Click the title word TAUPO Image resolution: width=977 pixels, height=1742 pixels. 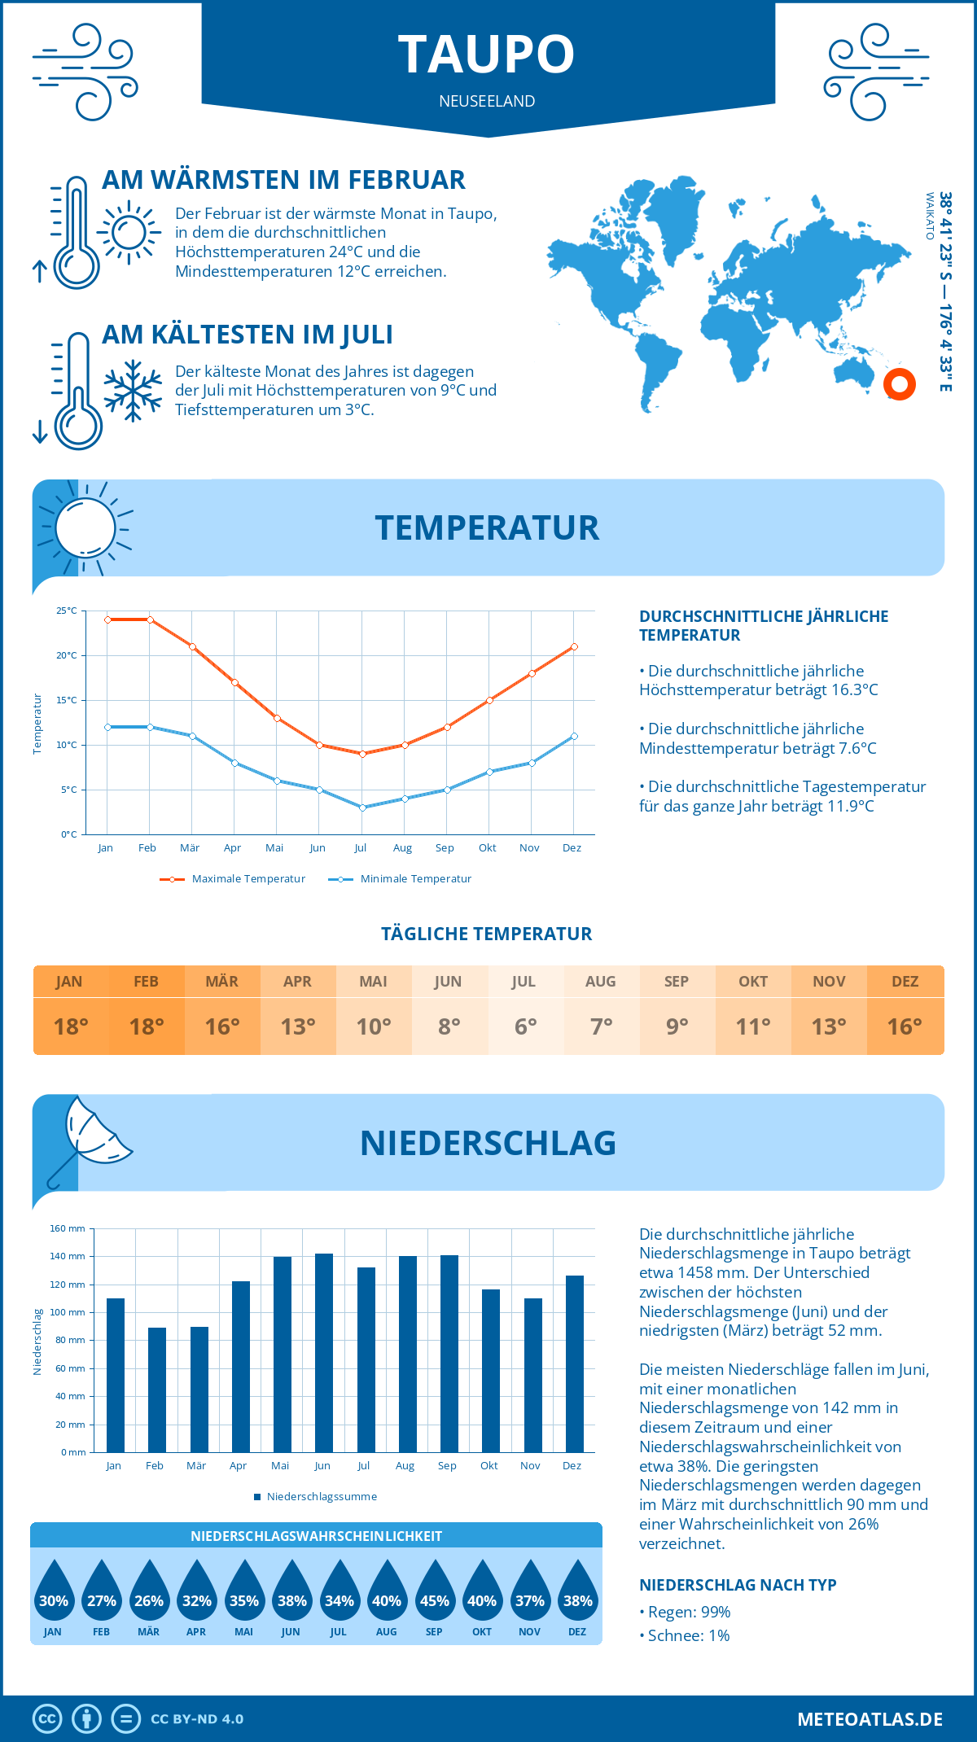(x=487, y=55)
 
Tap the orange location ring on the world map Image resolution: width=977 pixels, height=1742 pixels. (x=900, y=384)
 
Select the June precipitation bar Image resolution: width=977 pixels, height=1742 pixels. (x=323, y=1352)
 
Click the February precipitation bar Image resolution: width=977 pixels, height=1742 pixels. (x=156, y=1389)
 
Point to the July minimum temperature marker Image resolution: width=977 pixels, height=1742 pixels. (x=362, y=808)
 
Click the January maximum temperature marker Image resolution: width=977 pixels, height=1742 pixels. (x=107, y=619)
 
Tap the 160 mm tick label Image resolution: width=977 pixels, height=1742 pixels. (x=68, y=1228)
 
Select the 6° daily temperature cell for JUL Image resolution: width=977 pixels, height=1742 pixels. (x=525, y=1026)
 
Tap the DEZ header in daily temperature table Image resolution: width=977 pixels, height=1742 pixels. (x=905, y=982)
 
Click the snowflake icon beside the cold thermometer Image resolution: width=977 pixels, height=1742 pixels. (x=133, y=391)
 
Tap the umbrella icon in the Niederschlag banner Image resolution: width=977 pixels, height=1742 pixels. (x=90, y=1140)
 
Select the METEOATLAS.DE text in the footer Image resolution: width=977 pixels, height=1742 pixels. (x=870, y=1719)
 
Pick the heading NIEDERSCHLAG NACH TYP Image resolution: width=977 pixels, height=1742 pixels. (x=738, y=1585)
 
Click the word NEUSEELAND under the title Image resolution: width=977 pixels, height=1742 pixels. (x=487, y=101)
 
